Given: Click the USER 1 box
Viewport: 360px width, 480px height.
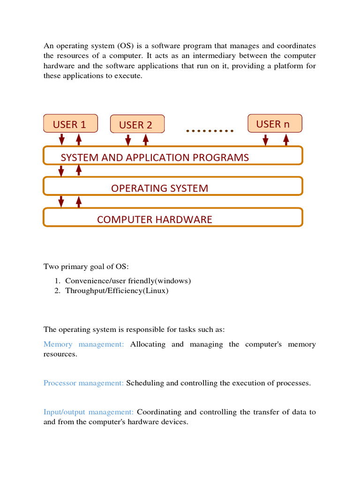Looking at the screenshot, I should pos(70,124).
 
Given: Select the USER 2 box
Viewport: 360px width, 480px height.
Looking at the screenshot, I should pos(137,124).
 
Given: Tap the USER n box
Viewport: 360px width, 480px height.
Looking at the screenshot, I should pos(275,123).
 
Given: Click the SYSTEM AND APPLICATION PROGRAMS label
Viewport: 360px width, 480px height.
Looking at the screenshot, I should pos(155,157).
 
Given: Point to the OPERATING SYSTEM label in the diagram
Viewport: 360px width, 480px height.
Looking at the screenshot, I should pos(159,188).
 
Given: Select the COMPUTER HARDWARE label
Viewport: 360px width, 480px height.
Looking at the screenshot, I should pos(154,219).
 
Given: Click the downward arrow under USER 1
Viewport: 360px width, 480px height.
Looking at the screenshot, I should pos(61,140).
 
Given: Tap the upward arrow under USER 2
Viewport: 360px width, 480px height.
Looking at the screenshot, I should pos(145,140).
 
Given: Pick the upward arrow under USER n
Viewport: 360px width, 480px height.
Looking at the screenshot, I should pos(285,140).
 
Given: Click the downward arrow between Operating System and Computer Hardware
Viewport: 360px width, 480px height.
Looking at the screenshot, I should pos(61,202).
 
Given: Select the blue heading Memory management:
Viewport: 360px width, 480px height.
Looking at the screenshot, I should pos(84,344).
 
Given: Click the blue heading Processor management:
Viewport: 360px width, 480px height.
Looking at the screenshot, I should pos(84,383).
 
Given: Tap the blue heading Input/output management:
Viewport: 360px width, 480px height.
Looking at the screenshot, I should pos(89,412).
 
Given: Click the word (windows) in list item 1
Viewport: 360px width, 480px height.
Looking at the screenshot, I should pos(173,281).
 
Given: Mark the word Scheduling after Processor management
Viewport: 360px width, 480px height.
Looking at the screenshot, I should pos(145,383).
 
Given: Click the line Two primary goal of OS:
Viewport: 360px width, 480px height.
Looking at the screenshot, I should pos(86,267).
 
